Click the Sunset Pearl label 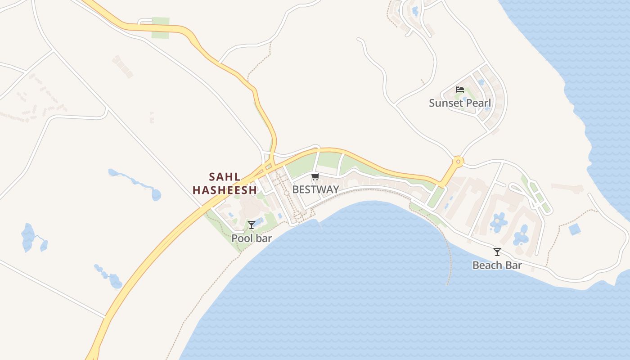point(459,103)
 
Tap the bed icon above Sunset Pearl point(459,89)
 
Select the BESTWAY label point(315,189)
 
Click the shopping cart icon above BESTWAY point(315,176)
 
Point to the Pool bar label point(252,238)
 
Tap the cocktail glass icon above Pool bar point(252,225)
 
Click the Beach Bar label point(497,265)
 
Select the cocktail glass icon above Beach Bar point(497,252)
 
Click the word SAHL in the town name point(225,176)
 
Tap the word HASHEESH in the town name point(225,190)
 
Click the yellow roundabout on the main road point(458,161)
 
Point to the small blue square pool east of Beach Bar point(574,229)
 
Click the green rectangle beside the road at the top point(160,27)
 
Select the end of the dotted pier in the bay point(447,284)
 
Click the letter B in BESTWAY point(296,189)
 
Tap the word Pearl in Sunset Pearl point(478,103)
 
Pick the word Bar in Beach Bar point(513,265)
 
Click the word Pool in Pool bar point(241,238)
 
